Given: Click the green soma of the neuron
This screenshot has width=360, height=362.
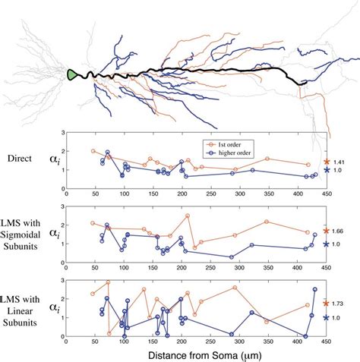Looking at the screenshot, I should [x=73, y=74].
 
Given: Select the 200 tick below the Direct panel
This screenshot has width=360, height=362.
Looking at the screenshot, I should [x=182, y=194].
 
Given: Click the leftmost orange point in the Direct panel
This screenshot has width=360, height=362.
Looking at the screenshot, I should [x=93, y=151].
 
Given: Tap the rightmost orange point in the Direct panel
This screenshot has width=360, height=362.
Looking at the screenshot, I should [x=308, y=165].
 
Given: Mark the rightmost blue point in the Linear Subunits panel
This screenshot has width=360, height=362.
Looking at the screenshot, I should [x=314, y=289].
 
